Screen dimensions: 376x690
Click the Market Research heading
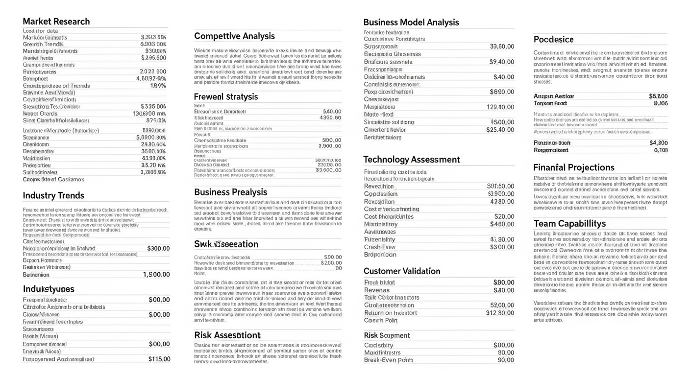pos(56,21)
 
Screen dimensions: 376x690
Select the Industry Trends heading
pos(53,195)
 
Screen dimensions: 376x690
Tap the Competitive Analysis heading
pos(234,36)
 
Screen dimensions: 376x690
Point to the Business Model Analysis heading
pos(411,22)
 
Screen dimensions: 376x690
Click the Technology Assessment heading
pos(411,159)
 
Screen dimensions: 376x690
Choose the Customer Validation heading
pos(402,271)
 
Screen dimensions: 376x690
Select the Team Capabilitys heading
pos(569,223)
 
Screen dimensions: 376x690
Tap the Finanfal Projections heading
pos(573,167)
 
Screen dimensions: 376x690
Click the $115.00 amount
pos(159,359)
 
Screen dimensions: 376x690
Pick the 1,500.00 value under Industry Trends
pos(156,275)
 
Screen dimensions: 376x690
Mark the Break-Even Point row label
pos(389,360)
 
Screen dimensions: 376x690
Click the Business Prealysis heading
pos(230,192)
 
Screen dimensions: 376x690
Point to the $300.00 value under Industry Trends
pos(158,248)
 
